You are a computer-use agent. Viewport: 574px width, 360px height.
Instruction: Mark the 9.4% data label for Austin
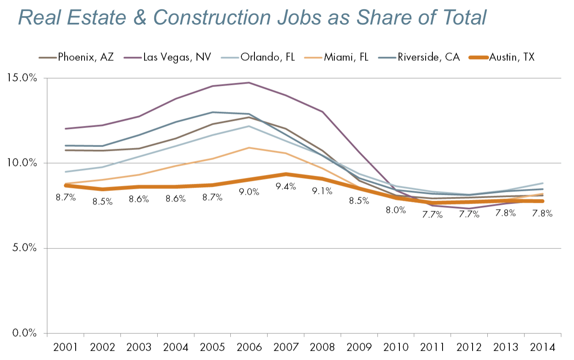286,186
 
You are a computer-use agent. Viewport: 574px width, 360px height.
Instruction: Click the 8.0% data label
396,210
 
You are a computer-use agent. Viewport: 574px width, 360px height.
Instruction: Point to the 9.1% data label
323,191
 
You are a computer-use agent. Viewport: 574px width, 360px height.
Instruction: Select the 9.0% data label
249,192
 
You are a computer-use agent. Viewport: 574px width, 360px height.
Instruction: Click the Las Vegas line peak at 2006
249,83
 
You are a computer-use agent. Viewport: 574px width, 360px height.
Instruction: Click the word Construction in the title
211,18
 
